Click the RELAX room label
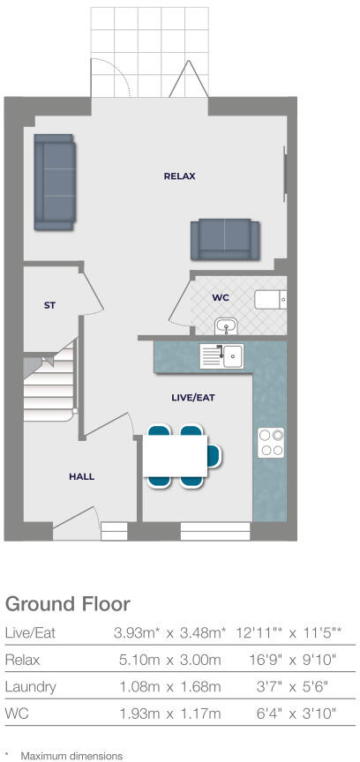(x=179, y=176)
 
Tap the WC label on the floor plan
(x=221, y=298)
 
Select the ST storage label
(x=50, y=305)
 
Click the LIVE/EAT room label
(x=193, y=398)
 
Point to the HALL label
(x=81, y=476)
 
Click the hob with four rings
(x=269, y=442)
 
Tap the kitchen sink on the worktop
(x=232, y=355)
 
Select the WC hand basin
(x=227, y=326)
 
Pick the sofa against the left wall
(x=55, y=181)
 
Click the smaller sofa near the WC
(x=225, y=238)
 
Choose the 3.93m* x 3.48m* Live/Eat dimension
(x=169, y=632)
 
